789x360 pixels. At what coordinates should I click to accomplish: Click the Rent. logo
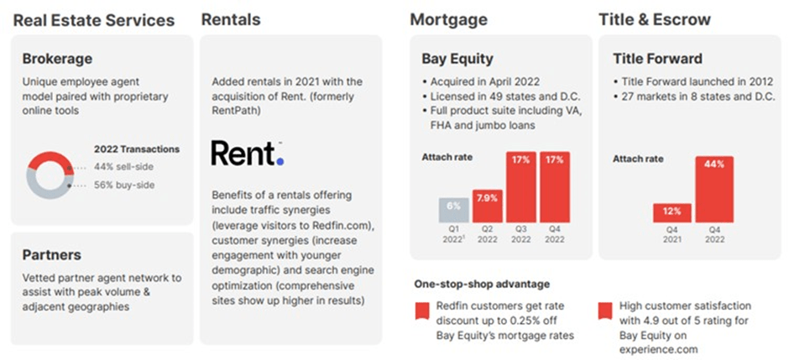(248, 154)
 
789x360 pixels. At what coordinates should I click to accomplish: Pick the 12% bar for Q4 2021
(671, 213)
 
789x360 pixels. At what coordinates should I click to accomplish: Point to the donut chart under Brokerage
(50, 174)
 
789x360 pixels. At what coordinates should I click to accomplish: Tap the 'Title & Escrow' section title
(655, 19)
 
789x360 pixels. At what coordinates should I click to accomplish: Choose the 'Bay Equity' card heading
(457, 59)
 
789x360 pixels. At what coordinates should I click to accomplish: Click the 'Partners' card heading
(52, 255)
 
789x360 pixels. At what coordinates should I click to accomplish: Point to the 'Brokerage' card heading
(57, 59)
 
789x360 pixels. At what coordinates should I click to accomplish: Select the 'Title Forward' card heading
(657, 59)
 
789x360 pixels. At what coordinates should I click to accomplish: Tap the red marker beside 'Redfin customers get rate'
(421, 311)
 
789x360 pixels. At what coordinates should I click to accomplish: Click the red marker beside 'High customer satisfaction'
(604, 311)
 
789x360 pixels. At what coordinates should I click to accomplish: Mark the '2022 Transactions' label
(137, 149)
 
